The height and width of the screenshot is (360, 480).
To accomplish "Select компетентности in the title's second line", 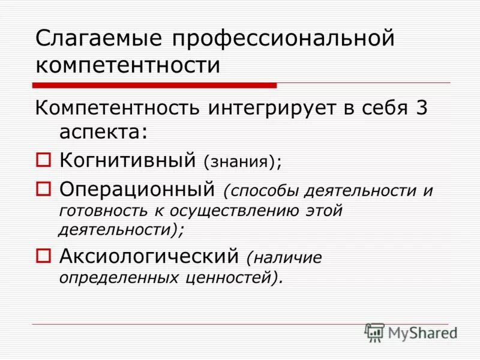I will (x=128, y=65).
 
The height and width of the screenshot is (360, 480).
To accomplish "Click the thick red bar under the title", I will (x=154, y=85).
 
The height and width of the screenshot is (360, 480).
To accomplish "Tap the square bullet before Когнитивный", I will (x=44, y=161).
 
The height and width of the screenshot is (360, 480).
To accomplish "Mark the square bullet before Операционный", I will (x=44, y=190).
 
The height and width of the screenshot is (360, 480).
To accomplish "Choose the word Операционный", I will (x=137, y=190).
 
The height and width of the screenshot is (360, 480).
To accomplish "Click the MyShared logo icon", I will (x=374, y=332).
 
